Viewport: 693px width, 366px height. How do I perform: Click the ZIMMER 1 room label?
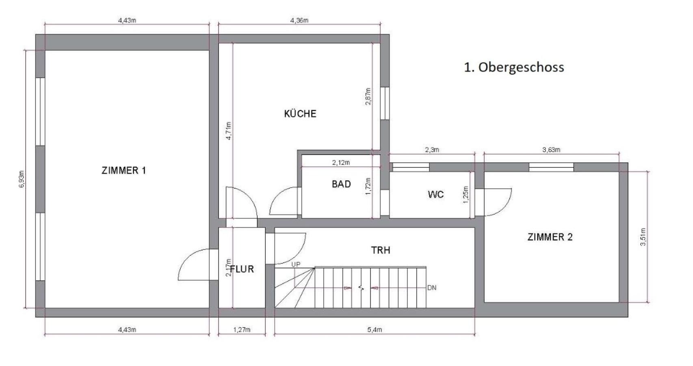pyautogui.click(x=123, y=170)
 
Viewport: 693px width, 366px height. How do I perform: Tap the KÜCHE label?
pyautogui.click(x=300, y=114)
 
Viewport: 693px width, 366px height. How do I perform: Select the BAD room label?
pyautogui.click(x=341, y=184)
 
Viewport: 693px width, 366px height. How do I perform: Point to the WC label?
pyautogui.click(x=435, y=194)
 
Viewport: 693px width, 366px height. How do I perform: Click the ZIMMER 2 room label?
pyautogui.click(x=550, y=237)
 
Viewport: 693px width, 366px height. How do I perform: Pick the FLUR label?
pyautogui.click(x=242, y=269)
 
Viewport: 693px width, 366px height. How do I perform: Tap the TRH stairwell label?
pyautogui.click(x=381, y=251)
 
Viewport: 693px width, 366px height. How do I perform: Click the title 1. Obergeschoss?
pyautogui.click(x=514, y=67)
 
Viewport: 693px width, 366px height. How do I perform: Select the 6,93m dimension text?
pyautogui.click(x=22, y=179)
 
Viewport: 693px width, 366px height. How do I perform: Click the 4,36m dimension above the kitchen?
pyautogui.click(x=299, y=20)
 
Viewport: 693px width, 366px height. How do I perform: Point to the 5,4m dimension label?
pyautogui.click(x=375, y=330)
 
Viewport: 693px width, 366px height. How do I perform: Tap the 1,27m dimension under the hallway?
pyautogui.click(x=242, y=330)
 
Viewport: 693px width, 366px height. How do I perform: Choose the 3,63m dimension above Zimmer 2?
pyautogui.click(x=551, y=150)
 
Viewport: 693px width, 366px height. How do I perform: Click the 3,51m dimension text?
pyautogui.click(x=643, y=237)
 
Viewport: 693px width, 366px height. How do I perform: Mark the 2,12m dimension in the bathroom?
pyautogui.click(x=341, y=163)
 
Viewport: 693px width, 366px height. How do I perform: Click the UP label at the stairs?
pyautogui.click(x=296, y=265)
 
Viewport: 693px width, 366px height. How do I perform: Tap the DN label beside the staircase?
pyautogui.click(x=432, y=288)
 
